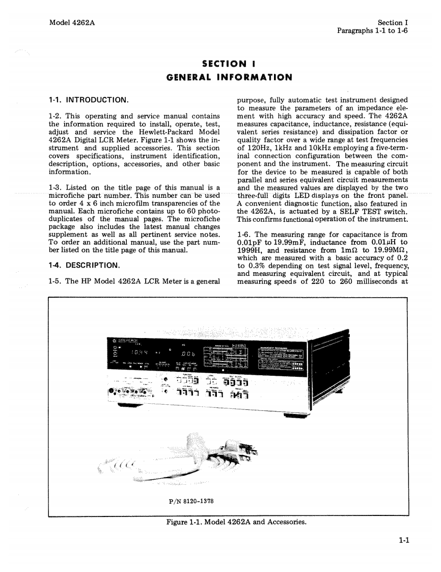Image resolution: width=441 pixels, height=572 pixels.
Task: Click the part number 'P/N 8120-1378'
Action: (x=191, y=501)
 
